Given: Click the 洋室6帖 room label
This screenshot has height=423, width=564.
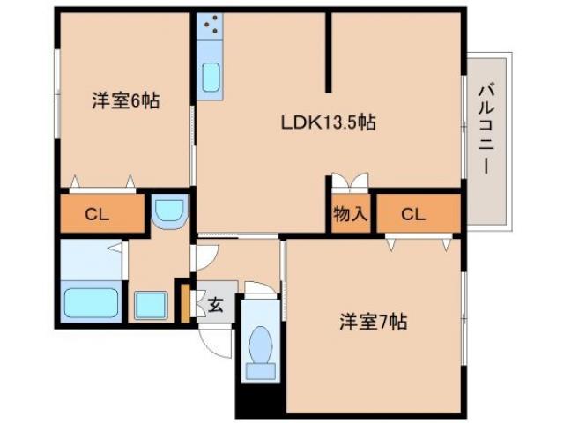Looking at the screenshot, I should pos(124,100).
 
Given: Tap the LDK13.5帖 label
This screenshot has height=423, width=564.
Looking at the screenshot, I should pos(328,122).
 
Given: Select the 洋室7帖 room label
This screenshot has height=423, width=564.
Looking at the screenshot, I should pos(372,322).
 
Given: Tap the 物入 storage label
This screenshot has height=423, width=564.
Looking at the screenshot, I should pos(350,214).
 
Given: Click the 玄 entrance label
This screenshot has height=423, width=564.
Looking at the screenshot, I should pos(215,306).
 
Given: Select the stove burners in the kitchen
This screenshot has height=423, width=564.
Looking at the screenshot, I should pos(211,26).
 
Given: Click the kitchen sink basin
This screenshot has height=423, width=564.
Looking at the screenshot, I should pos(211,77).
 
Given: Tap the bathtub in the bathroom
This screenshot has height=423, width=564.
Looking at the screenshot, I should pos(91,302).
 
